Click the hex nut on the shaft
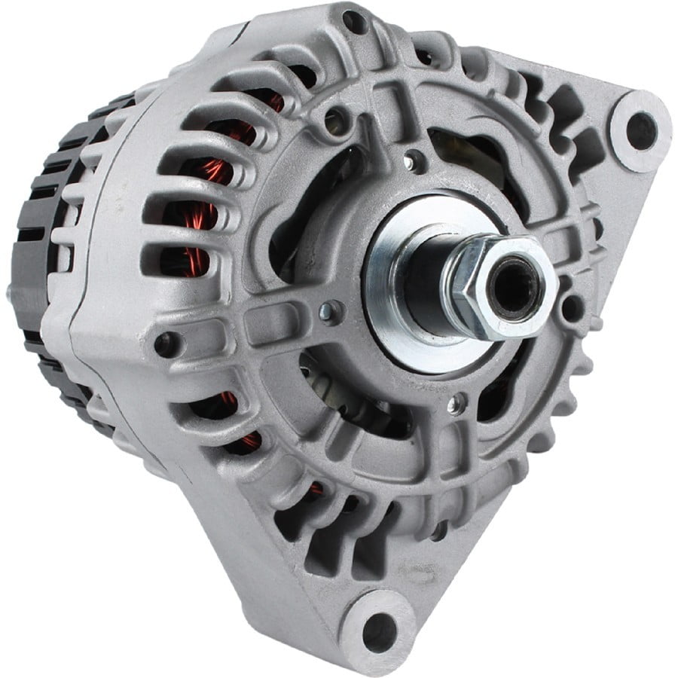tap(490, 290)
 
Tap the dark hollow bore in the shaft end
tap(515, 286)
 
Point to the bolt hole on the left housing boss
tap(163, 346)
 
